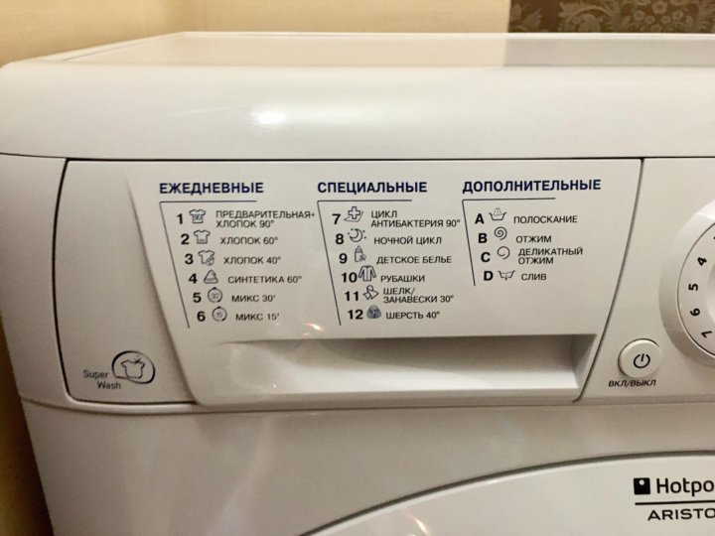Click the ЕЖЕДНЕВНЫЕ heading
212,188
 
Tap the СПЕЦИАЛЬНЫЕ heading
372,187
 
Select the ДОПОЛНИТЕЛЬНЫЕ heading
531,186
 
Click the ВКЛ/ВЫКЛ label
632,383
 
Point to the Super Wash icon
134,367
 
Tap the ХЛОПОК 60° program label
249,240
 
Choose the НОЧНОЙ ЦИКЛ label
408,240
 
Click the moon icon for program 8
357,236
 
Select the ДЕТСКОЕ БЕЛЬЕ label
414,260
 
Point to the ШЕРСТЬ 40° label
413,315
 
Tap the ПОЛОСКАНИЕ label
545,219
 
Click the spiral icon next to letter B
500,233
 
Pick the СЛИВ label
534,277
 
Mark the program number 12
356,315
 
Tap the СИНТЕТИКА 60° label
265,279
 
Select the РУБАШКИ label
402,279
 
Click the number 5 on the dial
694,287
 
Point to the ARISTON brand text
681,514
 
